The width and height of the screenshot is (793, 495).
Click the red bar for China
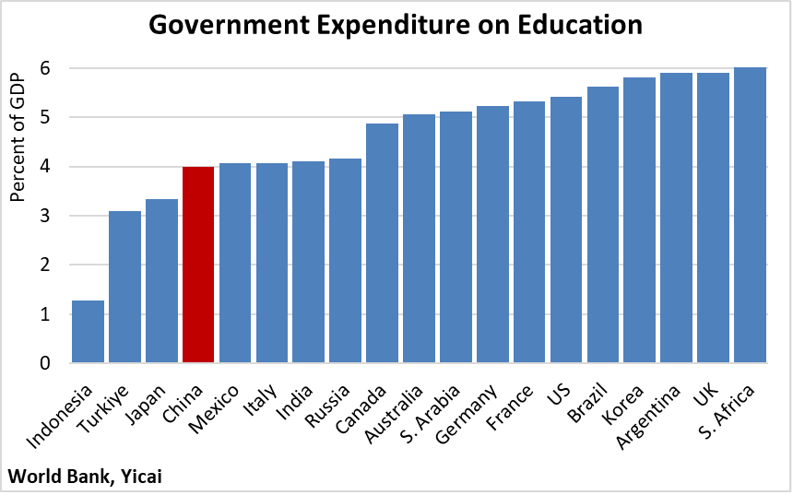click(x=198, y=265)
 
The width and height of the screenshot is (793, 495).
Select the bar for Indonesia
click(x=88, y=332)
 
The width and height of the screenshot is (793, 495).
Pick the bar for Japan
click(x=161, y=281)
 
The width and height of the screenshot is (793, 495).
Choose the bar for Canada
click(x=382, y=243)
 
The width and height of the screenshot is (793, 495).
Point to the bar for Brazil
click(x=603, y=225)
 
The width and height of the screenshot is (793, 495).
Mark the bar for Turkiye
click(x=124, y=287)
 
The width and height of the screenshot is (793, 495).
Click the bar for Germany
click(x=492, y=234)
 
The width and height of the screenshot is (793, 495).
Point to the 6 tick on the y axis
click(x=43, y=68)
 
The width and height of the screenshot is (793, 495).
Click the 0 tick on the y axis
click(x=43, y=363)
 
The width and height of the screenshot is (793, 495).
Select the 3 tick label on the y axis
click(x=43, y=216)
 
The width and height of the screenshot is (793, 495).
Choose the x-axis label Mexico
click(x=218, y=405)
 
